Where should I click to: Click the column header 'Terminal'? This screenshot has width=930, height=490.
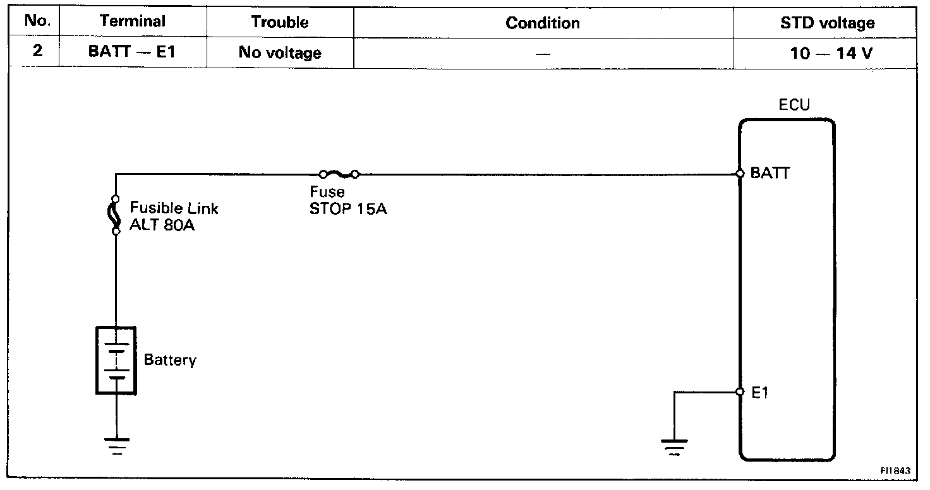[x=132, y=21]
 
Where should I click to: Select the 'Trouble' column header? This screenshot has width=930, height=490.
[x=280, y=22]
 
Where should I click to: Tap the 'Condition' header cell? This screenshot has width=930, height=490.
[x=543, y=23]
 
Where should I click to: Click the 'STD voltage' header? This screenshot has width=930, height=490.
[x=827, y=23]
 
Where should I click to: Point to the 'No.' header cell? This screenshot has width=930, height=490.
[x=37, y=21]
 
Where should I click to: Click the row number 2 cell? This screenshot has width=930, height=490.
[x=37, y=51]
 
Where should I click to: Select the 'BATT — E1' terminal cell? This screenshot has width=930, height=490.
[x=132, y=52]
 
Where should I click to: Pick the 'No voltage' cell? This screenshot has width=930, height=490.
[x=280, y=52]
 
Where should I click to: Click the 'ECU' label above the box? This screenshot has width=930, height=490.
[x=794, y=105]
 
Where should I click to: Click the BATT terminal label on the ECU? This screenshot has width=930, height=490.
[x=770, y=173]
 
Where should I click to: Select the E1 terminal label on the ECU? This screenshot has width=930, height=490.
[x=759, y=393]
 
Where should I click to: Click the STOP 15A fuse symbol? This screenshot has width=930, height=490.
[x=339, y=174]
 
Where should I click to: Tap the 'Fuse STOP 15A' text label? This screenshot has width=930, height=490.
[x=347, y=201]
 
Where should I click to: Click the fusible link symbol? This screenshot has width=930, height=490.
[x=116, y=215]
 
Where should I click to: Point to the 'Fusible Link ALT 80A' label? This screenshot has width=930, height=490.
[x=174, y=216]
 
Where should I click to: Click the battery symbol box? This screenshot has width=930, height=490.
[x=116, y=359]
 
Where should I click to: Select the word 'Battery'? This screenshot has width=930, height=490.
[x=170, y=360]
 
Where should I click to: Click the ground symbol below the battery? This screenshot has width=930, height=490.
[x=116, y=445]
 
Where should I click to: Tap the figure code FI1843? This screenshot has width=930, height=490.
[x=897, y=470]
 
